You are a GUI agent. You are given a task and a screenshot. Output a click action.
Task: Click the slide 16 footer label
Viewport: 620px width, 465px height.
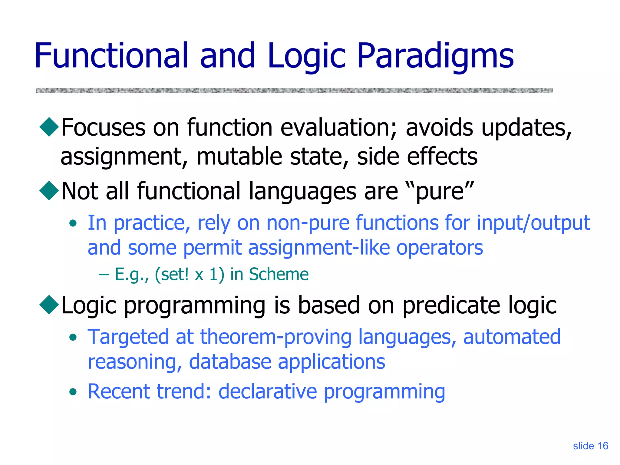(590, 446)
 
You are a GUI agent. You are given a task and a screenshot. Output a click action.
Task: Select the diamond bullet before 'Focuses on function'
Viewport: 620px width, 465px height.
(49, 127)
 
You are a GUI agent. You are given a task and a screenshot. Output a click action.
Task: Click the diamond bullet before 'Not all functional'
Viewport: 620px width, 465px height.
(49, 191)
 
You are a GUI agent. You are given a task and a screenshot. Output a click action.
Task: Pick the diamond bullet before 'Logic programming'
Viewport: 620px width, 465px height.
(49, 305)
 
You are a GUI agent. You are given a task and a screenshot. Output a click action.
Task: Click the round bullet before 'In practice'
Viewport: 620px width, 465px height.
(73, 224)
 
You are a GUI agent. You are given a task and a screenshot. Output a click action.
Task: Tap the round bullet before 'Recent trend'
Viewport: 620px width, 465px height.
(73, 392)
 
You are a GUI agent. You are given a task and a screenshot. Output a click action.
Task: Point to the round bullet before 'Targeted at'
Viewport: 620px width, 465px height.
(73, 338)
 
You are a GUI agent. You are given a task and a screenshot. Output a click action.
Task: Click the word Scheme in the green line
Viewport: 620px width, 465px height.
(279, 274)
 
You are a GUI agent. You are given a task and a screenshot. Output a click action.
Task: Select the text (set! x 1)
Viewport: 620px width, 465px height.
(190, 274)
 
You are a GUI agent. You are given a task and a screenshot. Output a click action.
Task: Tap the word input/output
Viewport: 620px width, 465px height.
(533, 223)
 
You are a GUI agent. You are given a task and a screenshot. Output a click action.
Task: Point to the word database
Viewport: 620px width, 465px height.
(230, 362)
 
